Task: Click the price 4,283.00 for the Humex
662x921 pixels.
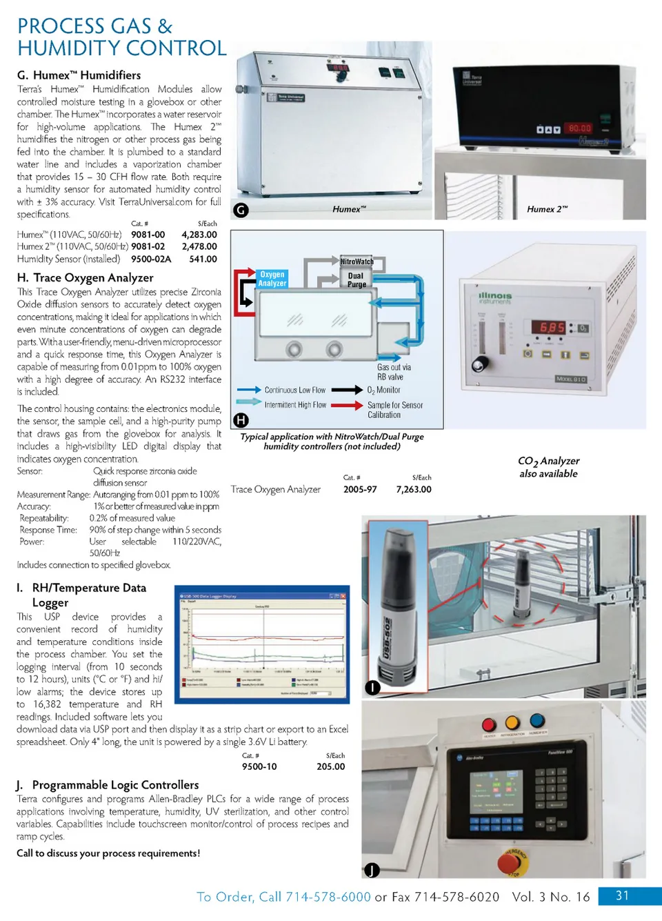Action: tap(199, 235)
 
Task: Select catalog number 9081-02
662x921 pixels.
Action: tap(148, 246)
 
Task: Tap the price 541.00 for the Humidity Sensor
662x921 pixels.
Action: tap(203, 259)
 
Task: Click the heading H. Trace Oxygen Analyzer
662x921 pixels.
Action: tap(86, 277)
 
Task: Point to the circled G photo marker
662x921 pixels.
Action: tap(241, 210)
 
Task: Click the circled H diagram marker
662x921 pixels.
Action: tap(241, 419)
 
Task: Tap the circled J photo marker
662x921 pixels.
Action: tap(372, 870)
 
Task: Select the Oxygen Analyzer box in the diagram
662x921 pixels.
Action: tap(272, 279)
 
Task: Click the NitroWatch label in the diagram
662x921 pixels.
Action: tap(357, 261)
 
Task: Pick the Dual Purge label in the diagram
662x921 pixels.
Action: tap(357, 279)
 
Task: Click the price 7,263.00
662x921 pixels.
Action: tap(414, 489)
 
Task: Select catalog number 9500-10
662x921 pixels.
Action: tap(259, 766)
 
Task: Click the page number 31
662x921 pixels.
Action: tap(622, 895)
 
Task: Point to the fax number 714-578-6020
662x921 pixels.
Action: tap(457, 897)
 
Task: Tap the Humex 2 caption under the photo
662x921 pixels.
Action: tap(547, 209)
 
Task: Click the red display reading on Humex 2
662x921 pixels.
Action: tap(579, 128)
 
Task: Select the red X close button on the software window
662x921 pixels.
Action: tap(343, 596)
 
